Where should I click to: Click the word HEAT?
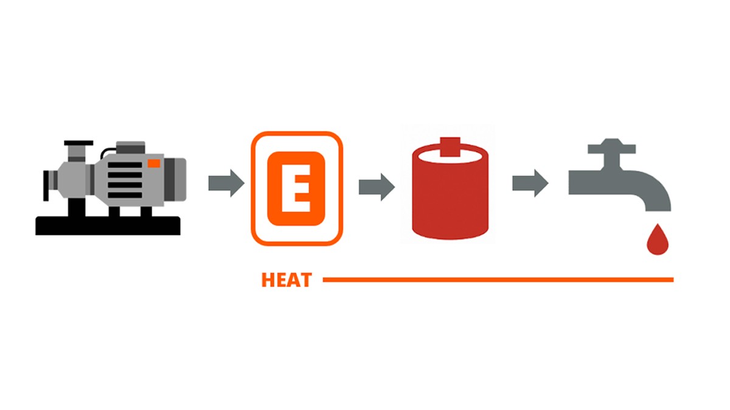tap(287, 280)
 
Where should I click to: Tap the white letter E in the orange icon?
tap(296, 188)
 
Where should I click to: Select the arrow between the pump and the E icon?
tap(226, 183)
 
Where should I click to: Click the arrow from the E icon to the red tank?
tap(377, 187)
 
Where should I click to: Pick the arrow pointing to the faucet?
tap(530, 183)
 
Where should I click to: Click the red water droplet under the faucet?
tap(658, 239)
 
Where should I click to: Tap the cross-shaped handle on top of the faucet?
tap(612, 154)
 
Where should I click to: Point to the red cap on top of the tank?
tap(450, 147)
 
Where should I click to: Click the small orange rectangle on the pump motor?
tap(154, 163)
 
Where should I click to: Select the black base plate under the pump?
tap(108, 225)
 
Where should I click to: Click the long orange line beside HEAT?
tap(498, 280)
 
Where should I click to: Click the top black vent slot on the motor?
tap(125, 165)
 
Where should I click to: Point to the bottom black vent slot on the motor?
tap(125, 195)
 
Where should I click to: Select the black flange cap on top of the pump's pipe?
tap(78, 143)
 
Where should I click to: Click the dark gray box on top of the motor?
tap(131, 148)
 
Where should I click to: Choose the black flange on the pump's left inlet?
tap(46, 185)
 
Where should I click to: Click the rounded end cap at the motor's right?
tap(175, 179)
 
